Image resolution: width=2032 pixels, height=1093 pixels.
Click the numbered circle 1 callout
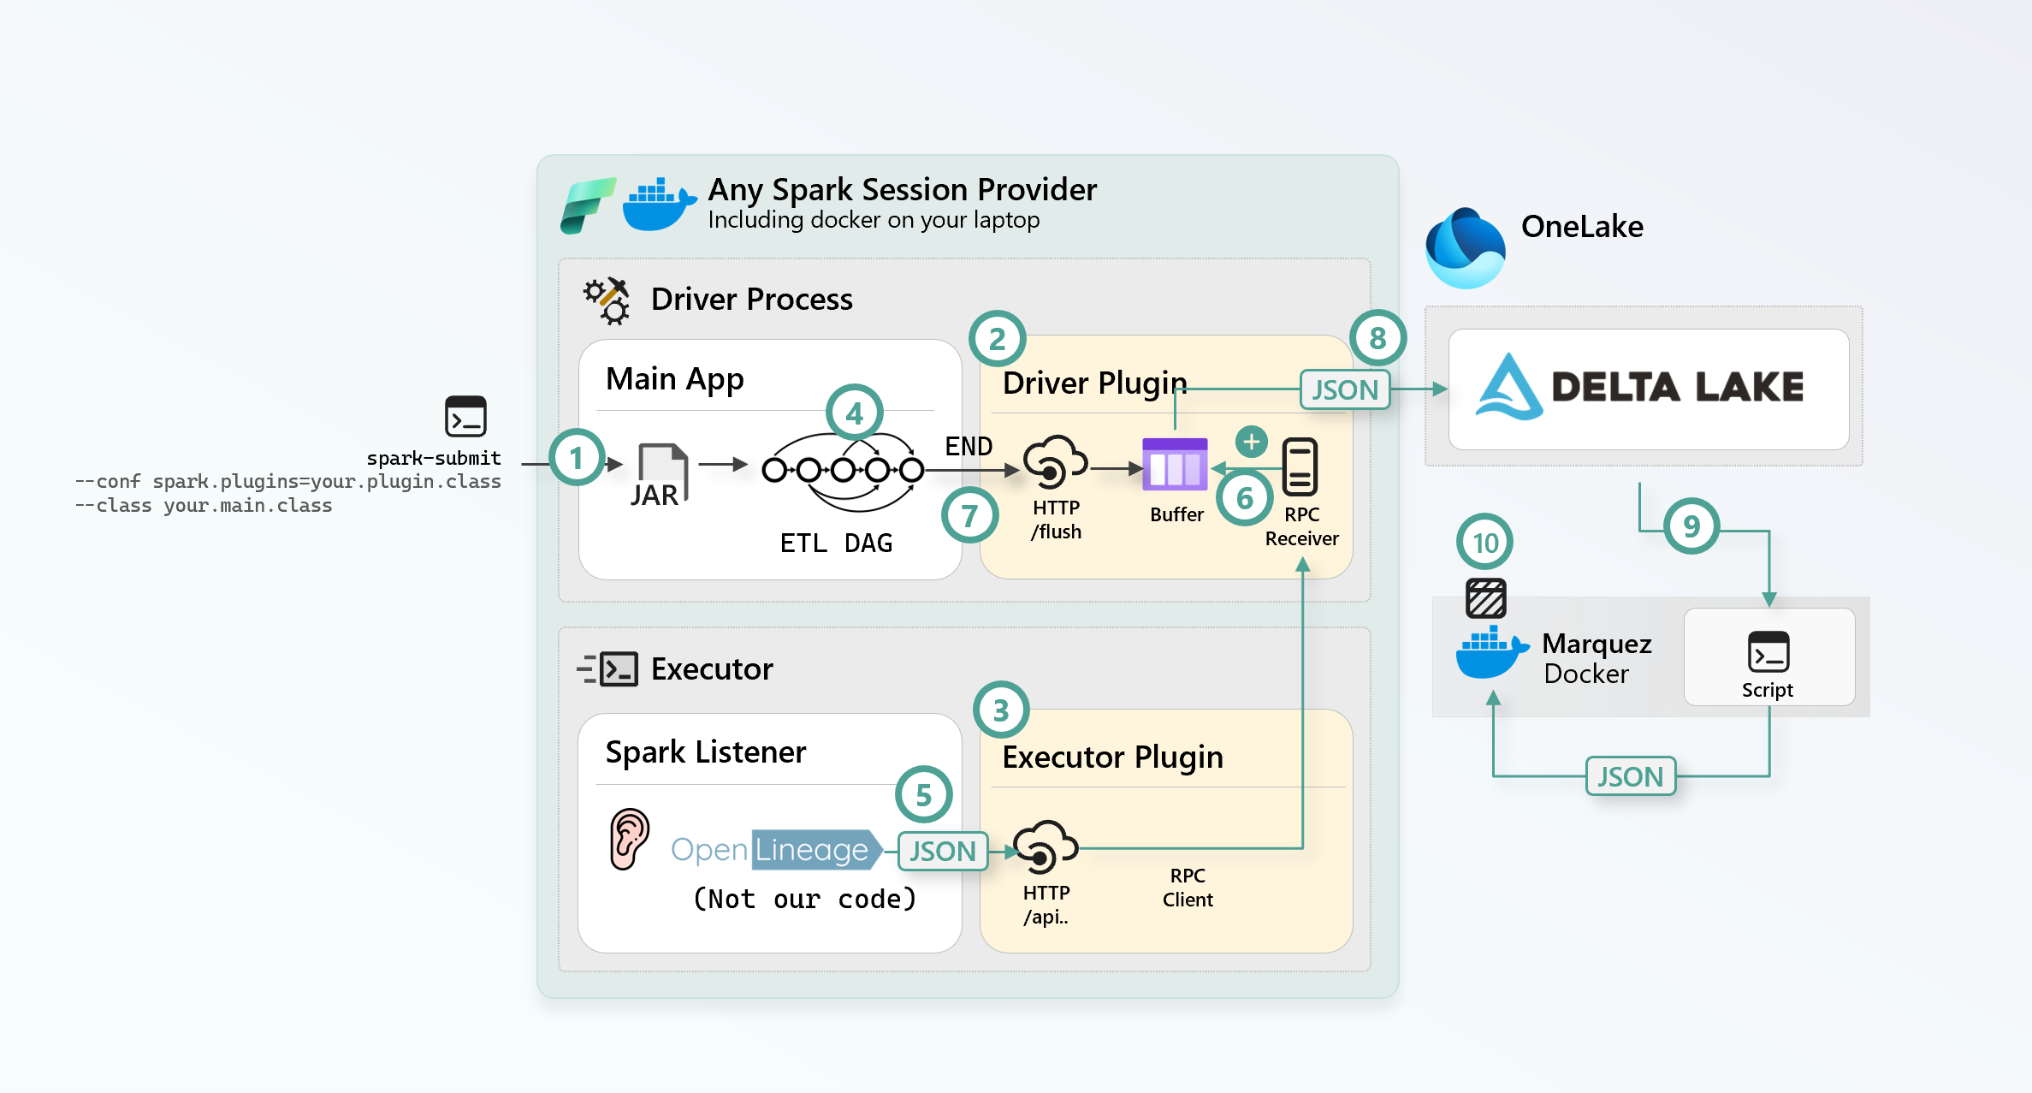(577, 458)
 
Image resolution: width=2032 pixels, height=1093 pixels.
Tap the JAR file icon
(661, 473)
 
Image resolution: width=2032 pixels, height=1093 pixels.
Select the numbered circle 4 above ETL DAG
(854, 413)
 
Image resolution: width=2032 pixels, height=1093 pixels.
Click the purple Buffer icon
(1175, 464)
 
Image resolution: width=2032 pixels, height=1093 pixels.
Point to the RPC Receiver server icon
(1300, 466)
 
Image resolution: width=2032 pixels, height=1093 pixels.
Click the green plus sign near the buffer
(1251, 442)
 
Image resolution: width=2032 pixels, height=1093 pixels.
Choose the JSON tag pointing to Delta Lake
(1345, 389)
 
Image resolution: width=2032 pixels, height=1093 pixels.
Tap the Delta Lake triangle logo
(1509, 388)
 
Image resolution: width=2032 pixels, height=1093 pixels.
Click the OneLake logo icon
(1466, 248)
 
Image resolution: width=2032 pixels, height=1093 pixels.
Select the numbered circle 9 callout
(1691, 526)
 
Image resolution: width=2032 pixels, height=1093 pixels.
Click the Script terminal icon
(1768, 652)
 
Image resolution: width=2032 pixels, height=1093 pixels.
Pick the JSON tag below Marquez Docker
(1630, 776)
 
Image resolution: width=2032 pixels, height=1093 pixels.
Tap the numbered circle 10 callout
(1485, 543)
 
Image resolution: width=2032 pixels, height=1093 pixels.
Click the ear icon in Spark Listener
(629, 839)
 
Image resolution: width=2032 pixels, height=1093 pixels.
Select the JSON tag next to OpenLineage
(943, 851)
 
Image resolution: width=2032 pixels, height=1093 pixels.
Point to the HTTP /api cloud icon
(1045, 846)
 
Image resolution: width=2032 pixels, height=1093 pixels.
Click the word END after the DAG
(969, 446)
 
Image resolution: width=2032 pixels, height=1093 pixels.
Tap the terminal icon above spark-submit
(465, 417)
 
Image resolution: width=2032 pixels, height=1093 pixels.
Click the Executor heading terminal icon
(608, 668)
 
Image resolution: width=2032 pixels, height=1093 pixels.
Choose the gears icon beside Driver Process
(607, 300)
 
